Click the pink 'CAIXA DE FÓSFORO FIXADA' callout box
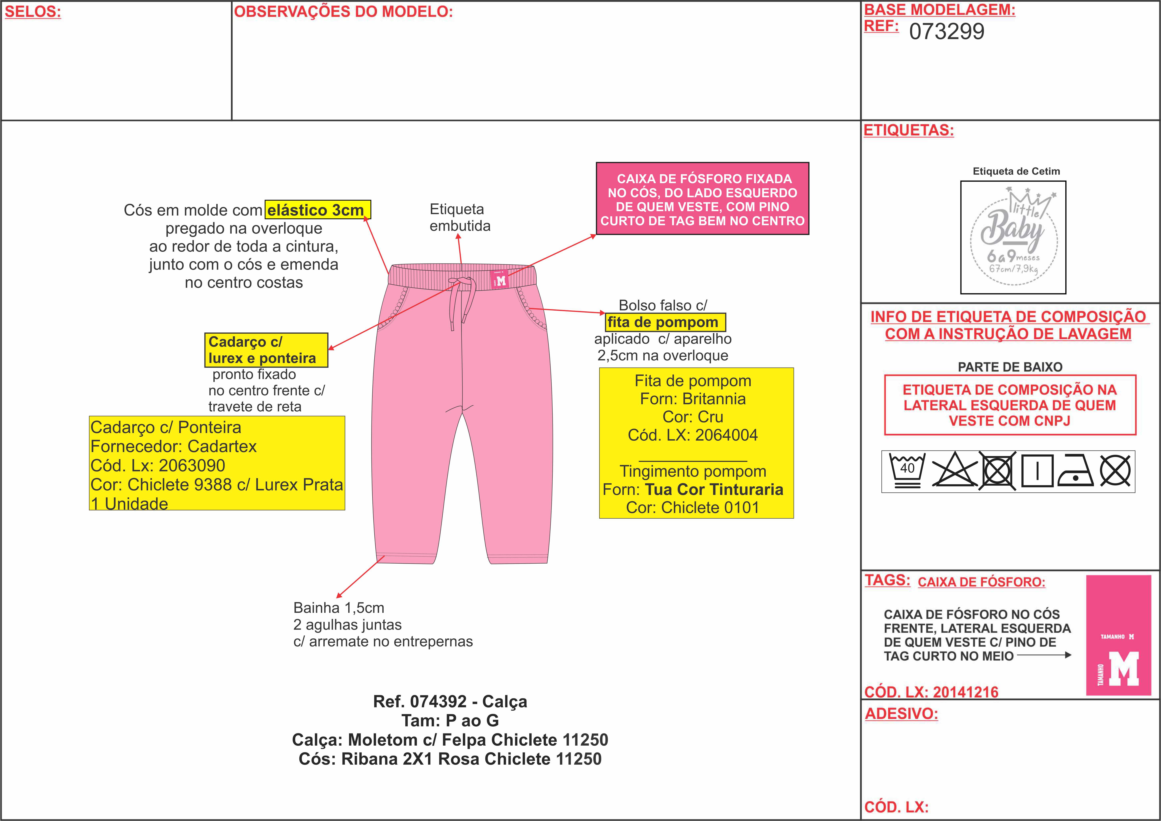(702, 199)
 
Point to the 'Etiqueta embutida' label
(459, 217)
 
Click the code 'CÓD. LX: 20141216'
(931, 692)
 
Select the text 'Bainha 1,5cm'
(339, 608)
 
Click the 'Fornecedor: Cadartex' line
(174, 446)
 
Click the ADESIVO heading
(901, 714)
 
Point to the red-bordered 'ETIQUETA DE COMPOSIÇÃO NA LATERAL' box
(1010, 405)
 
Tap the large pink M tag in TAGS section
(1119, 635)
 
